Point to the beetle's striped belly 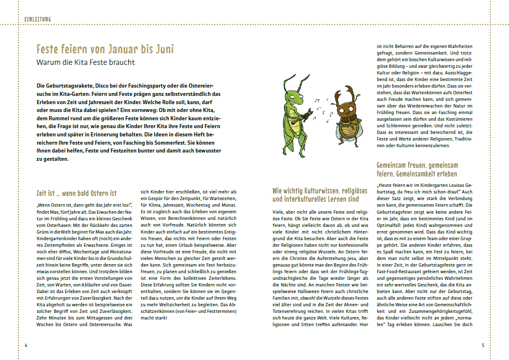[346, 132]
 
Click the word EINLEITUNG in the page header [38, 19]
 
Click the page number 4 [26, 345]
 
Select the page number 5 [483, 345]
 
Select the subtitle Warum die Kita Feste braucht [86, 63]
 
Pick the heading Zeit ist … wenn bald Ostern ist [76, 193]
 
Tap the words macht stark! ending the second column [154, 317]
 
